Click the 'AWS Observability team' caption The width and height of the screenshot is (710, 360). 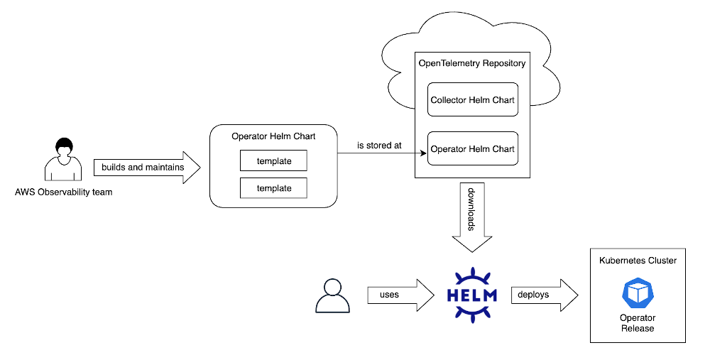tap(63, 192)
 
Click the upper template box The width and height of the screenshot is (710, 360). tap(274, 161)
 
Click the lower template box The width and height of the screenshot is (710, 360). tap(274, 188)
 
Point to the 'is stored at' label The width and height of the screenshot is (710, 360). tap(379, 145)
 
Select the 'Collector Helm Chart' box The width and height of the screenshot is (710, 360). tap(472, 100)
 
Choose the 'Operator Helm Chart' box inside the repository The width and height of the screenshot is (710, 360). tap(472, 148)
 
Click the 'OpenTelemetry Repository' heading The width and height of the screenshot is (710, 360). tap(472, 63)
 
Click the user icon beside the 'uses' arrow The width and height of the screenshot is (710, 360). tap(332, 295)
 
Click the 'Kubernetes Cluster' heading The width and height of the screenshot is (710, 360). tap(638, 261)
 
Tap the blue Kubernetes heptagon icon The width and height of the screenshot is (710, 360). tap(638, 293)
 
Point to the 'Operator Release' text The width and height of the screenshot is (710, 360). tap(638, 323)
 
